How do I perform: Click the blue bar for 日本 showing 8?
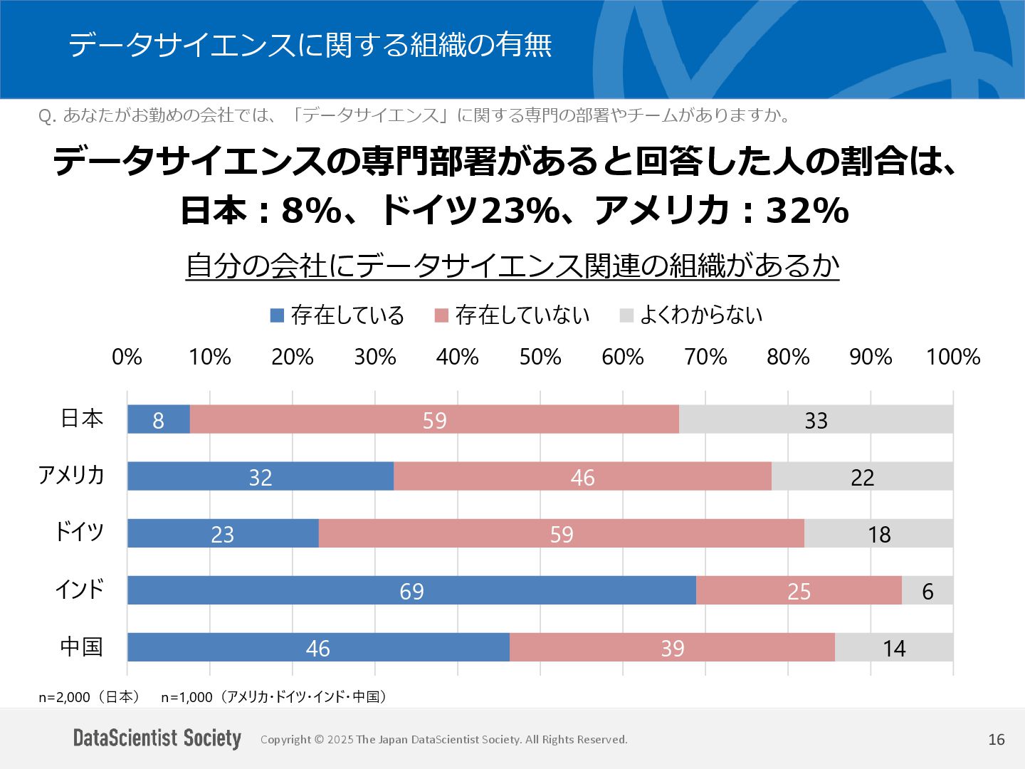pyautogui.click(x=158, y=419)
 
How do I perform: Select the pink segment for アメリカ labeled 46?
pyautogui.click(x=582, y=476)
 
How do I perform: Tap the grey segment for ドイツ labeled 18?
pyautogui.click(x=879, y=533)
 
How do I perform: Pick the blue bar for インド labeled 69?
pyautogui.click(x=411, y=590)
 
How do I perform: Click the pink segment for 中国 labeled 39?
pyautogui.click(x=672, y=647)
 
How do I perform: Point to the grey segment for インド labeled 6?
pyautogui.click(x=927, y=590)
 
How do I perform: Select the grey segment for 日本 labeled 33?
pyautogui.click(x=816, y=419)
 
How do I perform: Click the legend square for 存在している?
pyautogui.click(x=278, y=315)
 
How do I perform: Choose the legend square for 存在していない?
pyautogui.click(x=441, y=315)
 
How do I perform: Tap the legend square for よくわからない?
pyautogui.click(x=626, y=315)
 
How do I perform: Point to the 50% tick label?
pyautogui.click(x=540, y=357)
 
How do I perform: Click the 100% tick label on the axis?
pyautogui.click(x=953, y=357)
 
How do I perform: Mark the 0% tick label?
pyautogui.click(x=127, y=357)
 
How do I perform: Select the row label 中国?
pyautogui.click(x=82, y=647)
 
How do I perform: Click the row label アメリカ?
pyautogui.click(x=71, y=475)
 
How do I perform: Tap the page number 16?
pyautogui.click(x=997, y=740)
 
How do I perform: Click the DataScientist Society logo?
pyautogui.click(x=157, y=738)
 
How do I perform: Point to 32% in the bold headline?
pyautogui.click(x=807, y=211)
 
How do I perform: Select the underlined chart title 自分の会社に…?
pyautogui.click(x=512, y=266)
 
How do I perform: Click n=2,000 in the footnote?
pyautogui.click(x=64, y=697)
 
